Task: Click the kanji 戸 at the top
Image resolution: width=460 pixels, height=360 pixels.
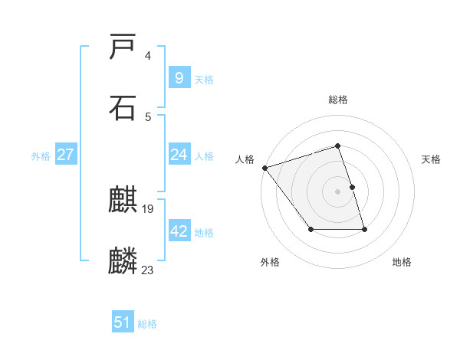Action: tap(123, 47)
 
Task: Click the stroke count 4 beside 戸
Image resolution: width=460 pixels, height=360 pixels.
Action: tap(148, 56)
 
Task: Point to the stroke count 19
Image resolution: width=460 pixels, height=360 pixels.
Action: tap(148, 208)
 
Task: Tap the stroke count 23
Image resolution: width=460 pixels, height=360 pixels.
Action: tap(148, 269)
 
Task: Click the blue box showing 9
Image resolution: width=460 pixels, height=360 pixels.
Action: tap(179, 77)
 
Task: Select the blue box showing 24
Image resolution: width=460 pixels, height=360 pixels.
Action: tap(179, 155)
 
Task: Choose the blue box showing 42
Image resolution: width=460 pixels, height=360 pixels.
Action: tap(179, 231)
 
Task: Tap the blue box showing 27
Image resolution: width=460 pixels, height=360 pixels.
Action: tap(65, 155)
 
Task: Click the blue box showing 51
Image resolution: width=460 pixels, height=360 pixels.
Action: tap(123, 322)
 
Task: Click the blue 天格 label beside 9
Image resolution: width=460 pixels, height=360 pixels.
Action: tap(204, 79)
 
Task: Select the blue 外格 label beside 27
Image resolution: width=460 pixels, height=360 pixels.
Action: tap(41, 156)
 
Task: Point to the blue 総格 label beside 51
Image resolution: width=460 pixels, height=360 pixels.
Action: tap(147, 324)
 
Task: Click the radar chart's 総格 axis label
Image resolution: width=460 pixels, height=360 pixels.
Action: tap(337, 100)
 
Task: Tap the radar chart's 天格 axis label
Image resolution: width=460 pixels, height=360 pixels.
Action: tap(432, 159)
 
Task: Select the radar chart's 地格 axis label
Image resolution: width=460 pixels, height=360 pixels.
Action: tap(402, 262)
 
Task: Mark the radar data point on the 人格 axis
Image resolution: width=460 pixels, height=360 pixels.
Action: tap(264, 168)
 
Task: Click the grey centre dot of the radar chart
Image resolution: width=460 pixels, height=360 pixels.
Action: tap(337, 191)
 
